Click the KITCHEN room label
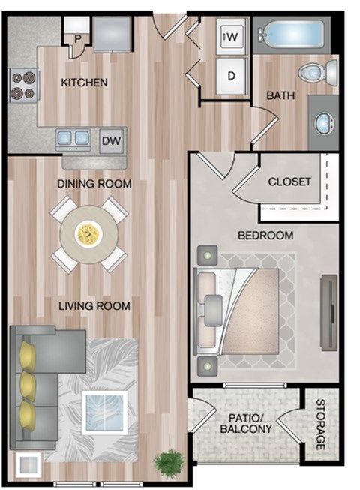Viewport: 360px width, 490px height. tap(84, 83)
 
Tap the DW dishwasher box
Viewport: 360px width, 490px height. tap(111, 140)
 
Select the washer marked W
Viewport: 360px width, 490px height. tap(231, 35)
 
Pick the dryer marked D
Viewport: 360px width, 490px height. tap(231, 75)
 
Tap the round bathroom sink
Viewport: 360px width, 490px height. tap(324, 122)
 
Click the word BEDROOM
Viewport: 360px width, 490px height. tap(265, 236)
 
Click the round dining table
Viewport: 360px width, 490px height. tap(88, 234)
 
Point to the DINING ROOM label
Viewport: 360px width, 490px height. tap(95, 184)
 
